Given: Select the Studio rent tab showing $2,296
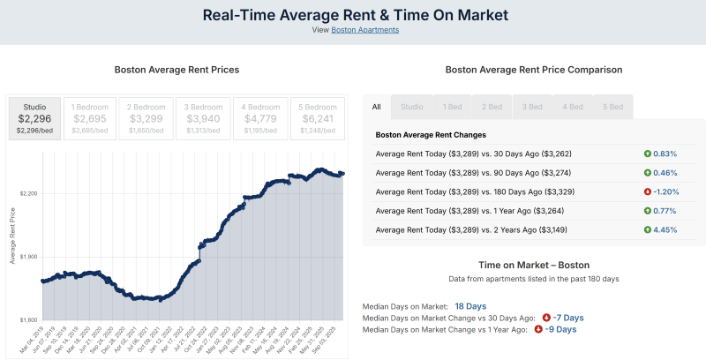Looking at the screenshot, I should pyautogui.click(x=34, y=118).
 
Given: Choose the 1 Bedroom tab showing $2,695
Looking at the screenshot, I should pyautogui.click(x=90, y=118).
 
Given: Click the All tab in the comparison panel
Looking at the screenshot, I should pyautogui.click(x=377, y=107).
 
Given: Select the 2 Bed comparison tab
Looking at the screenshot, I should pyautogui.click(x=492, y=107).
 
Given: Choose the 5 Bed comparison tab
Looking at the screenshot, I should pyautogui.click(x=612, y=107).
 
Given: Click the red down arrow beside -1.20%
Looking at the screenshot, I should pyautogui.click(x=647, y=191).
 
